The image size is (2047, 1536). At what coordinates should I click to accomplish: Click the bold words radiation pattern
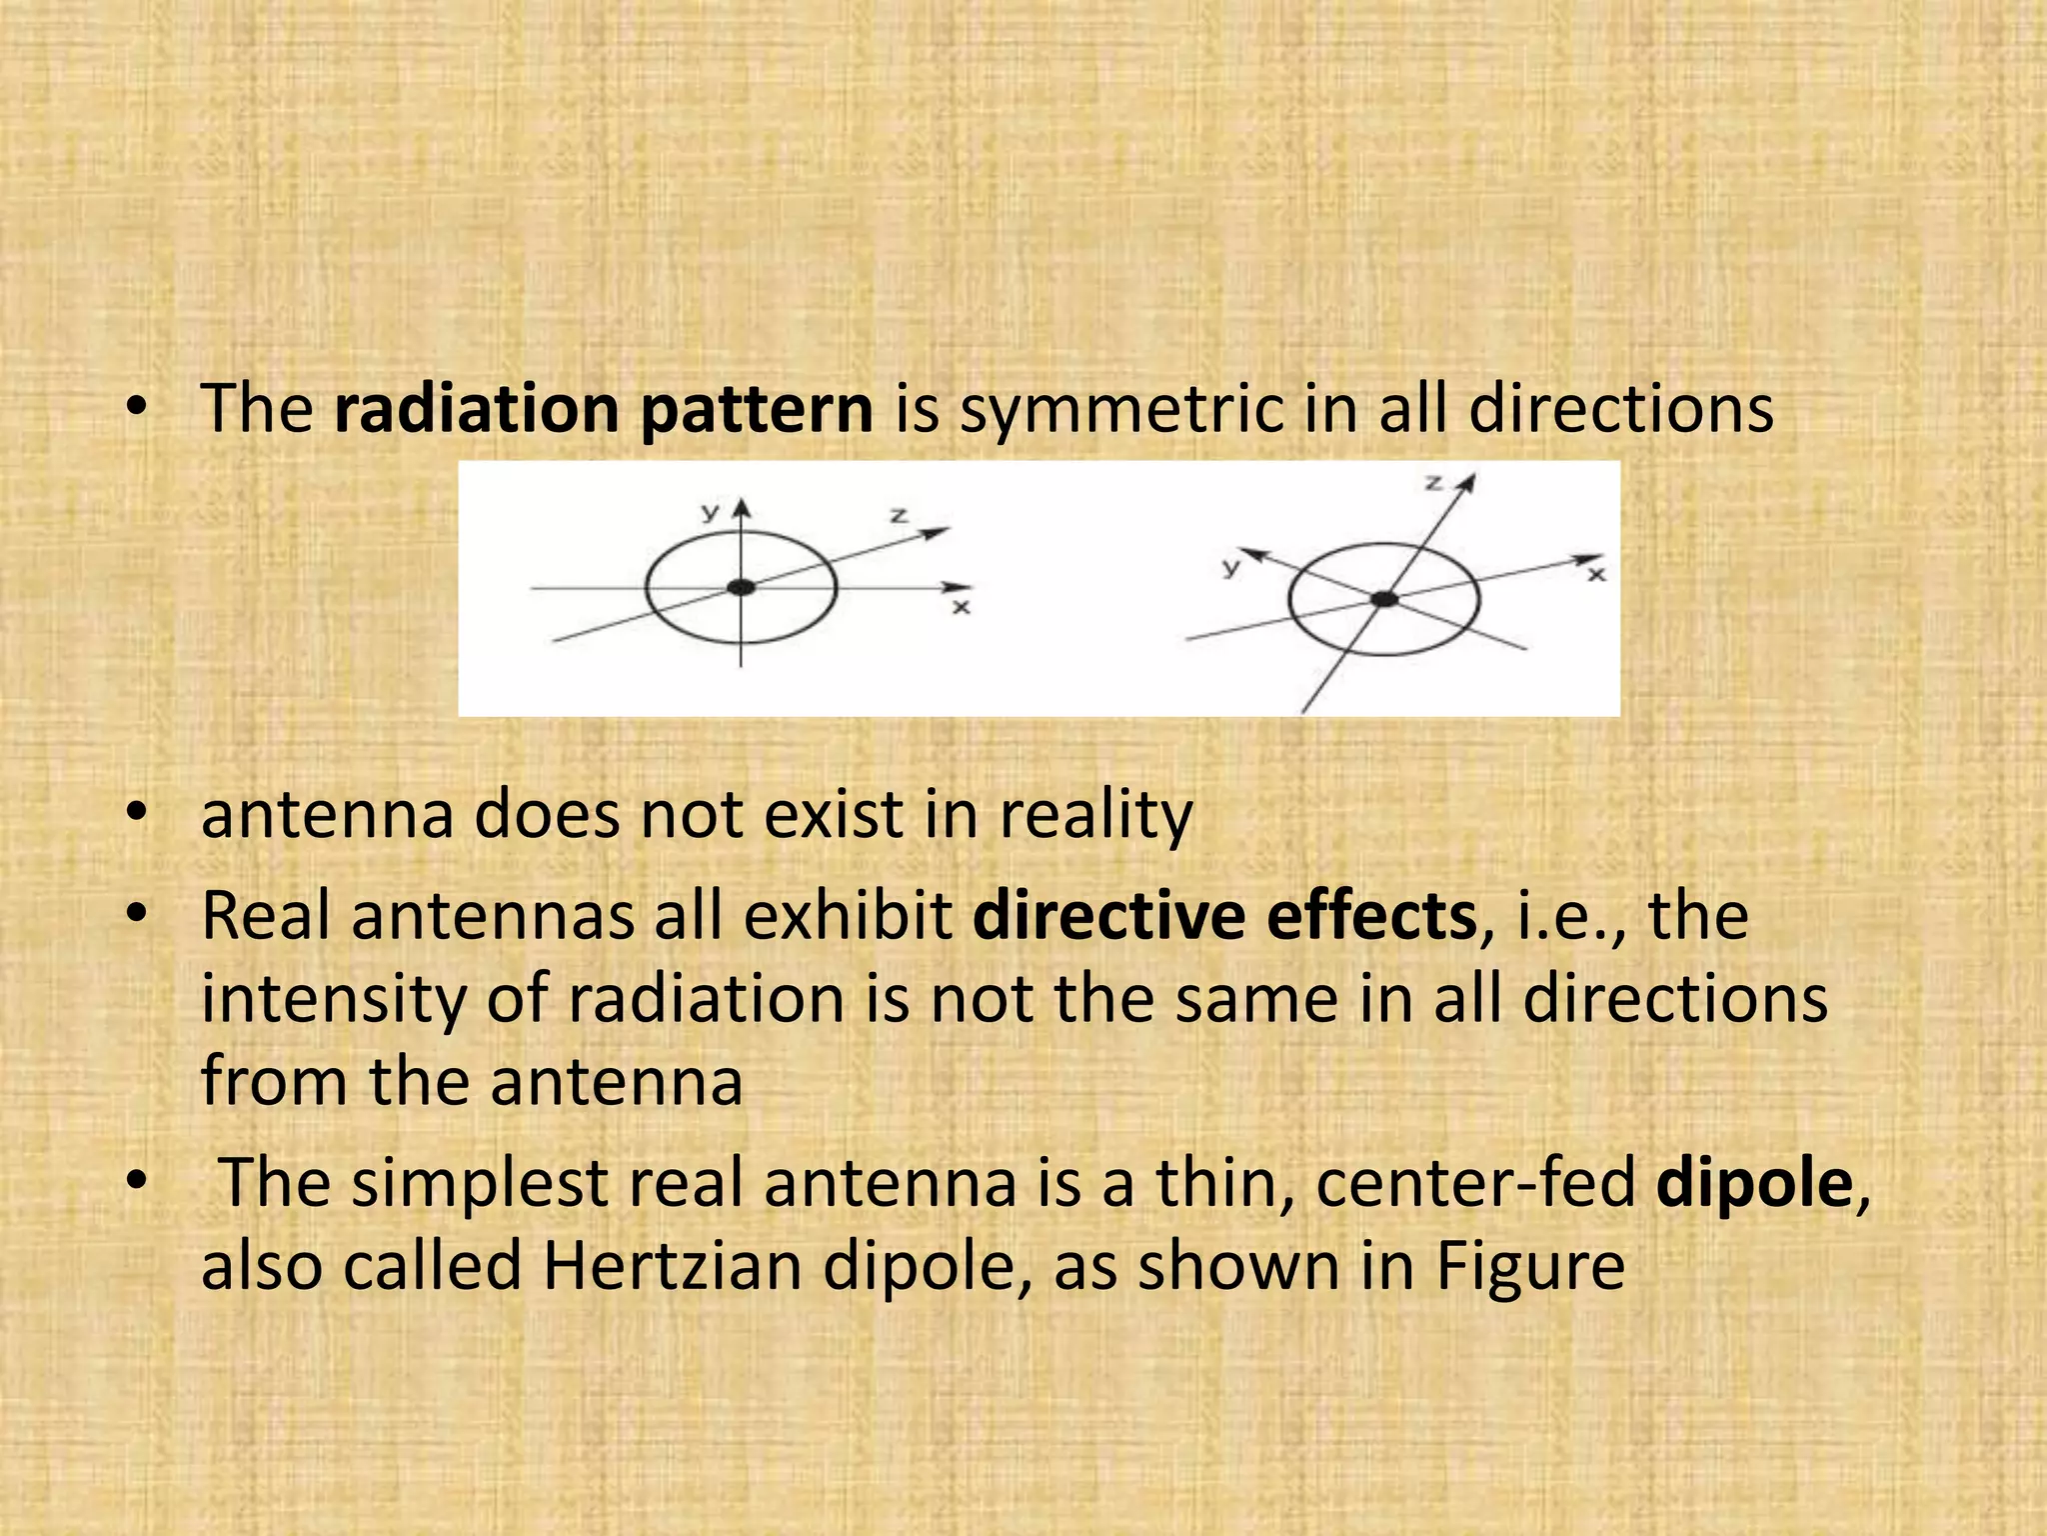tap(604, 410)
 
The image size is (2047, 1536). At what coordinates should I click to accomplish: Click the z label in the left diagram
tap(899, 516)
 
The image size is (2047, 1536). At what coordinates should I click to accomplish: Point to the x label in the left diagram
tap(961, 607)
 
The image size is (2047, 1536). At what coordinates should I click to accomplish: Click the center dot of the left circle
tap(741, 588)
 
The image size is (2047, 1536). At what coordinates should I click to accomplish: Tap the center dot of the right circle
tap(1384, 599)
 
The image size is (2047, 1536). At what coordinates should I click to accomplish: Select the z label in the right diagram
tap(1433, 483)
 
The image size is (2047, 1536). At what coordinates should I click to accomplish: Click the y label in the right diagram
tap(1231, 567)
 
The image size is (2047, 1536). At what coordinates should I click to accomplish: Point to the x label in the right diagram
tap(1597, 574)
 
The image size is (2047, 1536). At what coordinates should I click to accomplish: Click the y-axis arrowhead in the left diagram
tap(741, 508)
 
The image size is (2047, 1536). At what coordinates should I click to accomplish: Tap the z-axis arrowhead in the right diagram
tap(1467, 484)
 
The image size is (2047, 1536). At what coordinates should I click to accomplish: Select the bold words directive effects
tap(1224, 915)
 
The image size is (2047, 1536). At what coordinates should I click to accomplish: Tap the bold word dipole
tap(1754, 1183)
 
